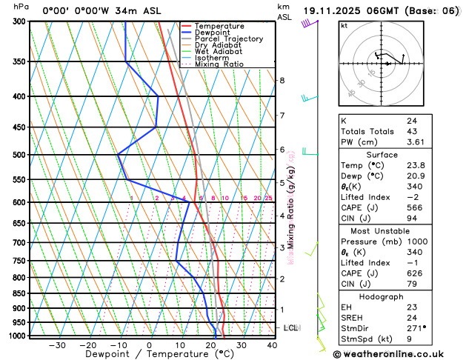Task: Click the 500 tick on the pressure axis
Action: point(20,155)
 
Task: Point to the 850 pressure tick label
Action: point(20,293)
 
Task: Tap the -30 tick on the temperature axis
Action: point(57,345)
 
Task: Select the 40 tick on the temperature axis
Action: point(272,345)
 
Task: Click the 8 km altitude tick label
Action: point(282,80)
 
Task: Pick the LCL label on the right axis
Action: point(291,327)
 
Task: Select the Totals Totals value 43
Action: point(413,131)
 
